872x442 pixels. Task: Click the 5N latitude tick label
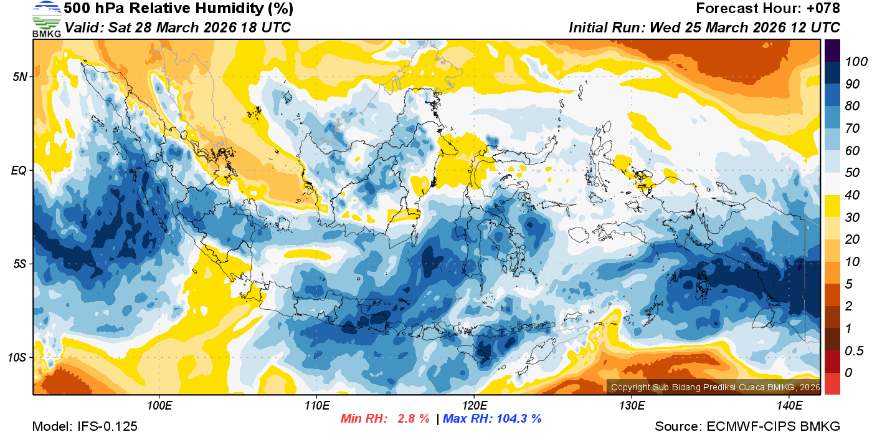(x=21, y=77)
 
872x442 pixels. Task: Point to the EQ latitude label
(x=21, y=170)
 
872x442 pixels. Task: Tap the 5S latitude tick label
(x=21, y=264)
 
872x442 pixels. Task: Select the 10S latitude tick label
(x=18, y=357)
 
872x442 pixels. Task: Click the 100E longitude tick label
(x=159, y=406)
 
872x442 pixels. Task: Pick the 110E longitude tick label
(x=316, y=406)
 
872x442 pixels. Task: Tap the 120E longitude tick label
(x=474, y=406)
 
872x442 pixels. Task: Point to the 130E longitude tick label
(x=632, y=406)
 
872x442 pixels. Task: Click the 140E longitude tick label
(x=789, y=406)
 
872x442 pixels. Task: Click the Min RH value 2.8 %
(x=414, y=419)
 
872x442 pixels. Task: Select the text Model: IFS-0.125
(x=85, y=426)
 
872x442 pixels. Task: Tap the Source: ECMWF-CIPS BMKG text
(x=747, y=426)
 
